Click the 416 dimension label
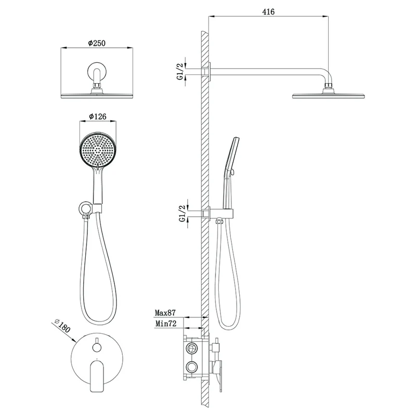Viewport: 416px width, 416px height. pos(268,11)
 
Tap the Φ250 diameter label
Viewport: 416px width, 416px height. pos(97,43)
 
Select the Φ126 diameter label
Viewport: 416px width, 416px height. pos(98,116)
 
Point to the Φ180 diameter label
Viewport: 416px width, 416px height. pos(62,326)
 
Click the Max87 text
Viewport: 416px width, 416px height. pos(165,313)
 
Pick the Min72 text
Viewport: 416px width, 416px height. pos(165,323)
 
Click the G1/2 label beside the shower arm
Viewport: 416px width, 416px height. pos(180,71)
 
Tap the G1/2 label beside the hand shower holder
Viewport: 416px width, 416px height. pos(183,214)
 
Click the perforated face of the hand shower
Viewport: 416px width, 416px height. pos(98,150)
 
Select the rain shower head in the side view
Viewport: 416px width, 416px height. pos(329,96)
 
